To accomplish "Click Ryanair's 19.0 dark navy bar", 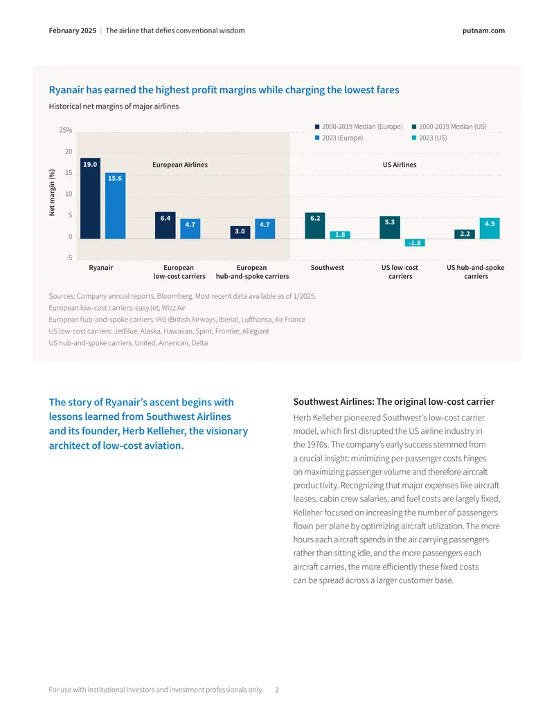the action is click(x=90, y=198).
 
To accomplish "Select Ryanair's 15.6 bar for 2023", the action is click(x=115, y=205).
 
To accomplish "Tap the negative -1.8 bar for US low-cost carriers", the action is click(x=415, y=243).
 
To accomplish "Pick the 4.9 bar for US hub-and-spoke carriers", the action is click(x=490, y=228).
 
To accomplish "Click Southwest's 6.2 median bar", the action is click(x=315, y=226).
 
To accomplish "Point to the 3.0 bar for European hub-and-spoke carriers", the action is click(x=240, y=232).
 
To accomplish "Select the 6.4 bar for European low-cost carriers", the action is click(x=165, y=225).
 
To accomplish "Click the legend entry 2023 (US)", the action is click(x=429, y=138).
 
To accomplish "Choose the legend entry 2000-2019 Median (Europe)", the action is click(x=359, y=127).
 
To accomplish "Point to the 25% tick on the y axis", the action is click(x=65, y=130).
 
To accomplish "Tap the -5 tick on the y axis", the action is click(x=69, y=257).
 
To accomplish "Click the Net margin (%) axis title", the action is click(x=52, y=193).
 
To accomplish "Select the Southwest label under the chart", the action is click(x=328, y=268).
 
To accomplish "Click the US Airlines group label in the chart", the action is click(x=400, y=165).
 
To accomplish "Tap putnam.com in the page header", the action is click(x=483, y=30).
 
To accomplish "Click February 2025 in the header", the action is click(x=73, y=30).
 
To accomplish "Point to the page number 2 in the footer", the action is click(x=277, y=690).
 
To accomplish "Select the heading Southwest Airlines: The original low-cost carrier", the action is click(x=393, y=402).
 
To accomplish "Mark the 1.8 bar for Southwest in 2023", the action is click(x=340, y=235).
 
